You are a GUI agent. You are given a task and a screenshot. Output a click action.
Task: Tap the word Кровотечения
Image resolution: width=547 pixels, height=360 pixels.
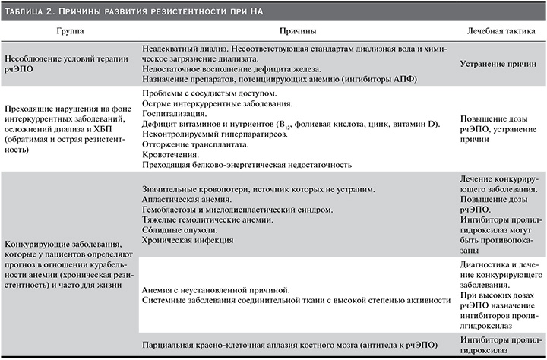pos(172,153)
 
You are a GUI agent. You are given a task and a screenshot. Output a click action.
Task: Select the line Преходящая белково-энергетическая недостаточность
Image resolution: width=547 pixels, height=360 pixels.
pos(248,163)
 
